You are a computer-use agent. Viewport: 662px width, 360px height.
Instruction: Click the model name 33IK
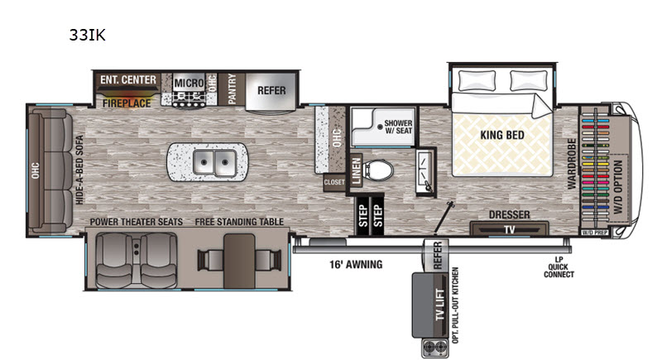click(x=88, y=36)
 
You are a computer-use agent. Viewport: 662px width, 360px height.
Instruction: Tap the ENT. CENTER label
click(x=128, y=80)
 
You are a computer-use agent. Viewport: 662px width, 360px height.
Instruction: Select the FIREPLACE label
click(x=127, y=104)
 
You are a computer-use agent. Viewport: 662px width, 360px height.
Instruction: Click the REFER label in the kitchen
click(x=271, y=90)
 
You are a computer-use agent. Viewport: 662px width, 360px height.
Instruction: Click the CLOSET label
click(x=334, y=180)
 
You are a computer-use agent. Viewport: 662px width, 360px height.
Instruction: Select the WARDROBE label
click(x=572, y=165)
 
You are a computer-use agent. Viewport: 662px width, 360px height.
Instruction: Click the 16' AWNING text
click(x=353, y=265)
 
